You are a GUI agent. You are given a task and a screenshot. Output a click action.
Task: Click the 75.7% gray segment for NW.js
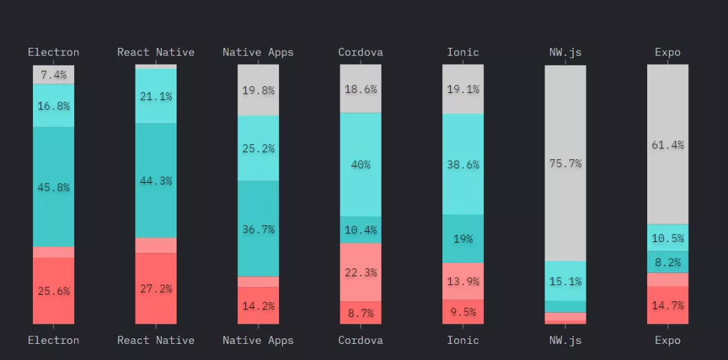pos(565,163)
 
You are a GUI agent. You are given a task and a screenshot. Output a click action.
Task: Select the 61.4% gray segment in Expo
pos(667,144)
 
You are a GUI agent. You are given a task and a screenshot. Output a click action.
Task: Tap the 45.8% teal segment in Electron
pos(54,187)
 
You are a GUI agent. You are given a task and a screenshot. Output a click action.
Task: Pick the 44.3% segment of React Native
pos(156,181)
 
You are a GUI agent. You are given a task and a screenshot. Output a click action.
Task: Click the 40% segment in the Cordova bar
pos(360,164)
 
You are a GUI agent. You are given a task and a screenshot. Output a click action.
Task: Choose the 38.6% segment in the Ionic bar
pos(462,164)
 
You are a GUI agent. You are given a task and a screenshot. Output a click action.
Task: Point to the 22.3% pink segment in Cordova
pos(360,272)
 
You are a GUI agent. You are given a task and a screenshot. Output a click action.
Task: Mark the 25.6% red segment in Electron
pos(54,291)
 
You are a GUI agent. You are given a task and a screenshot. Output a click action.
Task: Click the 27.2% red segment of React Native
pos(156,289)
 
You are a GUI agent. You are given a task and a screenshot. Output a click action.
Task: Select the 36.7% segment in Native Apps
pos(258,229)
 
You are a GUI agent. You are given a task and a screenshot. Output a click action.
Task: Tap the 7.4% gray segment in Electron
pos(54,75)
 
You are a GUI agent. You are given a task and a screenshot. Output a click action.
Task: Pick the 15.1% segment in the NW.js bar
pos(565,281)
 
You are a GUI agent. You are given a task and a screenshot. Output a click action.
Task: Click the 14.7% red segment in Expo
pos(667,305)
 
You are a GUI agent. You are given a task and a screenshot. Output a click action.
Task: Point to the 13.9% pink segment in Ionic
pos(462,281)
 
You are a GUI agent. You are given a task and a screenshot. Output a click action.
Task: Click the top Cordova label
pos(360,52)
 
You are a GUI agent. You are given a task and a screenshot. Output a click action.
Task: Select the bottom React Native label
pos(156,340)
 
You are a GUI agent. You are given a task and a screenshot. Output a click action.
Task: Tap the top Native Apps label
pos(258,52)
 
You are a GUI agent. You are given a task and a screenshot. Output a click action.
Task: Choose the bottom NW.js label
pos(565,340)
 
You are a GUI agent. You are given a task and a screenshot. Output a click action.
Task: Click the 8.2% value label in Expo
pos(668,262)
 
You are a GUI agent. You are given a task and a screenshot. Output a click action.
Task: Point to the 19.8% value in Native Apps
pos(258,90)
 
